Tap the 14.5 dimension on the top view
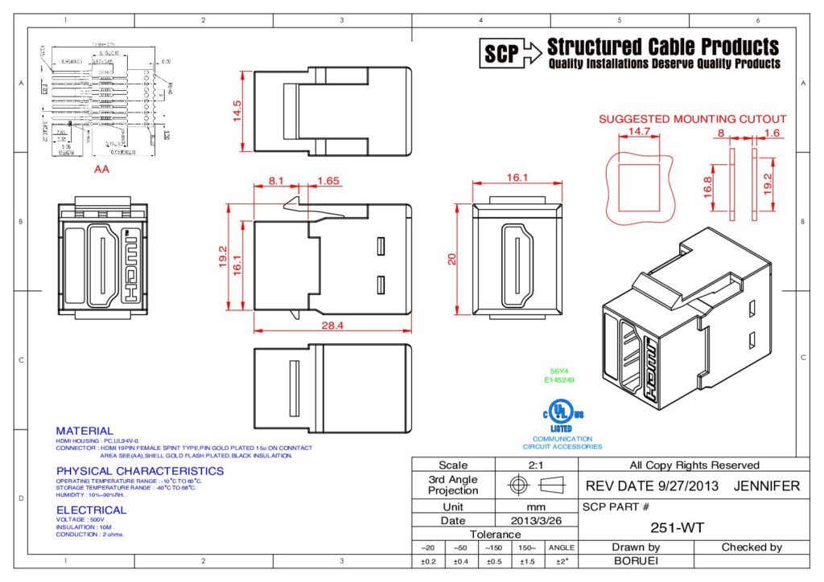pyautogui.click(x=237, y=109)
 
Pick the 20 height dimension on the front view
pyautogui.click(x=451, y=258)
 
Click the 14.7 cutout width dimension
pyautogui.click(x=639, y=131)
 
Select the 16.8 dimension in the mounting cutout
pyautogui.click(x=707, y=186)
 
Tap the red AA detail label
pyautogui.click(x=102, y=170)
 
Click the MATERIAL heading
pyautogui.click(x=84, y=431)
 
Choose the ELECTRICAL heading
pyautogui.click(x=91, y=510)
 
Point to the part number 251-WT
pyautogui.click(x=672, y=528)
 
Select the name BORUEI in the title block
pyautogui.click(x=636, y=561)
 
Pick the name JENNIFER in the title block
pyautogui.click(x=767, y=486)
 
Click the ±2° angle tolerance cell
pyautogui.click(x=560, y=561)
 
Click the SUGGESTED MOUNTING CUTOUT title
pyautogui.click(x=692, y=119)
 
